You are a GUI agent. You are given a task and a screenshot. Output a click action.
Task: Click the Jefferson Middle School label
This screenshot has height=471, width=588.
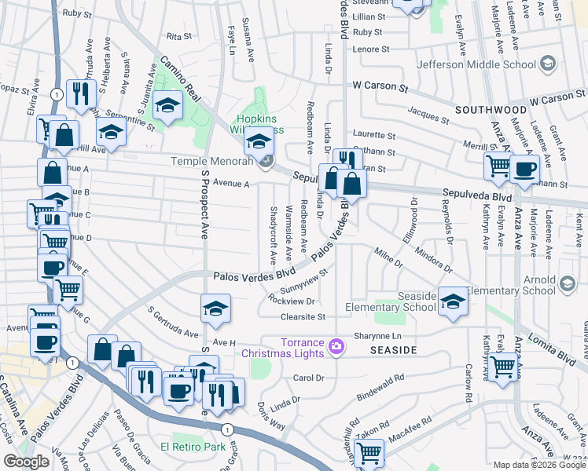click(476, 64)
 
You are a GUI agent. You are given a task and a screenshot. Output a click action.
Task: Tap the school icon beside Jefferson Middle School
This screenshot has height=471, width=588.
click(547, 64)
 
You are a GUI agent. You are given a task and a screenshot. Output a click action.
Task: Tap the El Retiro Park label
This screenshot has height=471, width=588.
click(193, 447)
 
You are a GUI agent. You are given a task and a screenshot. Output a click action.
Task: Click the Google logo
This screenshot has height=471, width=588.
click(26, 462)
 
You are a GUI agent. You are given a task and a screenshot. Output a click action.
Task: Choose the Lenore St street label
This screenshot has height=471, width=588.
click(371, 49)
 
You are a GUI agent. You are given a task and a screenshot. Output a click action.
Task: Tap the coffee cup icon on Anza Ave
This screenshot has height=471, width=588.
click(524, 168)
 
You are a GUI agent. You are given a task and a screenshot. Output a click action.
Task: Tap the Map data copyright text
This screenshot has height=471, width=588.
click(538, 464)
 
